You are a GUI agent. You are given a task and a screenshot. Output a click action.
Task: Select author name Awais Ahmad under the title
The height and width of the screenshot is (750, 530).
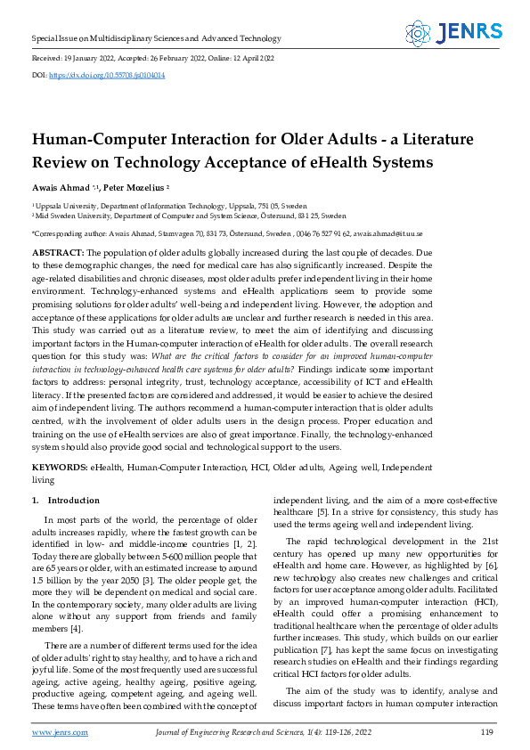click(64, 189)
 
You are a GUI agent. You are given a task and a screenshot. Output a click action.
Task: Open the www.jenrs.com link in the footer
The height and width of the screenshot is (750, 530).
click(60, 732)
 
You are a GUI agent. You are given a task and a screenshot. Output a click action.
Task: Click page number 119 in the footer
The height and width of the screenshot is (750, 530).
click(486, 732)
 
